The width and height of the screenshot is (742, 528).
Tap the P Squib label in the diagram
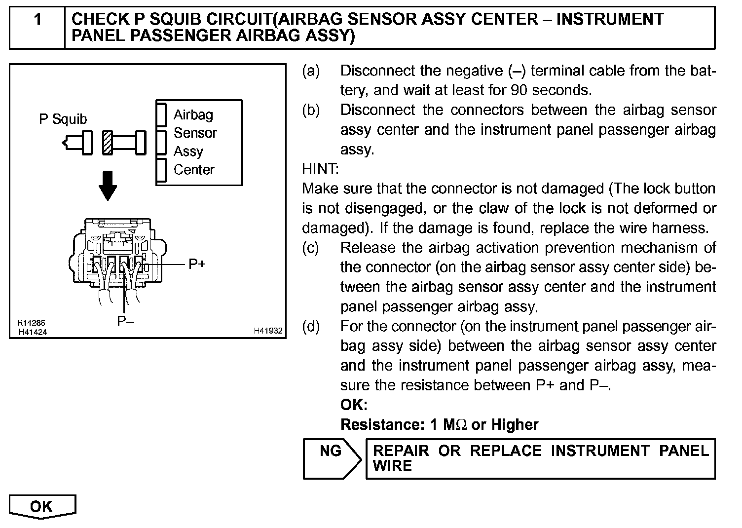click(x=63, y=119)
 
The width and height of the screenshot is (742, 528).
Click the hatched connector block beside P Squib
click(x=108, y=143)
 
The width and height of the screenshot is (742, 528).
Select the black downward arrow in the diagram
click(x=108, y=186)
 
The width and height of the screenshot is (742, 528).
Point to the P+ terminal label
click(x=197, y=264)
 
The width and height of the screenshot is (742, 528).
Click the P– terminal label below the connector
click(x=126, y=321)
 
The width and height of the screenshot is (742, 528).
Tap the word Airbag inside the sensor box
click(x=193, y=115)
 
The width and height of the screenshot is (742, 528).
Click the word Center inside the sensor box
click(x=194, y=170)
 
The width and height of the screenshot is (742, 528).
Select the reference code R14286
click(x=31, y=324)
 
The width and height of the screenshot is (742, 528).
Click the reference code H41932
click(x=268, y=331)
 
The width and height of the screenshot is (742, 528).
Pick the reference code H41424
click(x=33, y=332)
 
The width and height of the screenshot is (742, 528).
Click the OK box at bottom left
click(x=42, y=507)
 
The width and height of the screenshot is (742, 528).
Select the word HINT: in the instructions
click(x=320, y=169)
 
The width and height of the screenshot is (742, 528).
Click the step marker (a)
click(x=311, y=71)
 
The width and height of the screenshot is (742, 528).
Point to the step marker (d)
click(x=311, y=326)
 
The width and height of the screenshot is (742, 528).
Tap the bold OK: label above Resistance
click(x=354, y=405)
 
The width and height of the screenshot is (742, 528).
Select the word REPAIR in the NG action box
click(x=401, y=451)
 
